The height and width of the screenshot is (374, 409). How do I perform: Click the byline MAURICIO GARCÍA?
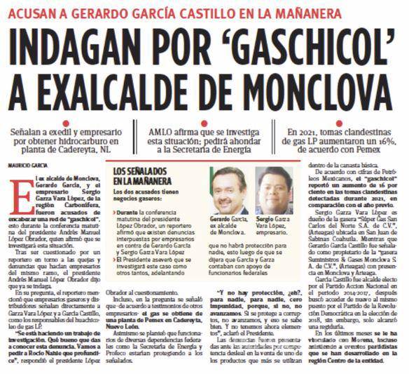click(26, 166)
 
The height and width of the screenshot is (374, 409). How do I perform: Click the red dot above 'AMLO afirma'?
click(203, 123)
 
